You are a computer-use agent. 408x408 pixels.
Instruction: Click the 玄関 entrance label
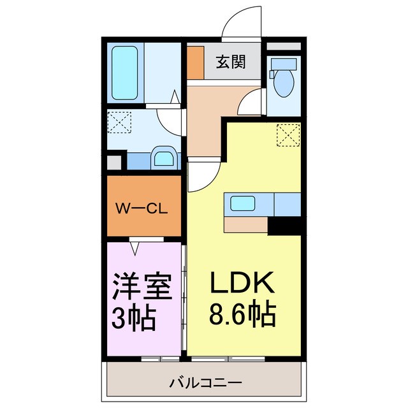coord(229,62)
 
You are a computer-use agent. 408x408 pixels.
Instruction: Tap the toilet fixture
coord(281,78)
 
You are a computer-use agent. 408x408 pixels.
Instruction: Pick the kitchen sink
coord(243,204)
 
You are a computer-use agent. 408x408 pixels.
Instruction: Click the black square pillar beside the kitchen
coord(284,225)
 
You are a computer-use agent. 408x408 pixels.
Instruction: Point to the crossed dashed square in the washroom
coord(119,122)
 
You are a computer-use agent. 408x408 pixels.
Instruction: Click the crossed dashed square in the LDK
coord(288,135)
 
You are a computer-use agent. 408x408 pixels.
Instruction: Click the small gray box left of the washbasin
coord(113,162)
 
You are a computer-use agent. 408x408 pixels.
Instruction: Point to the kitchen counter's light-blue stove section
coord(286,204)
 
